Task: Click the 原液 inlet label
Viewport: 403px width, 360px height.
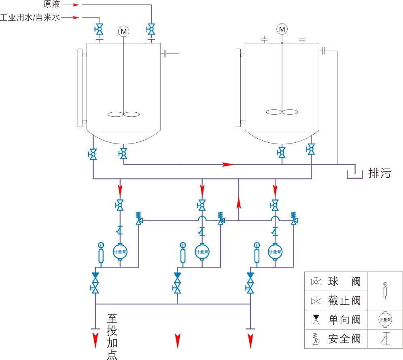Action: click(x=52, y=5)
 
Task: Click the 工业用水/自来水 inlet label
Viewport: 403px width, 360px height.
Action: click(x=30, y=17)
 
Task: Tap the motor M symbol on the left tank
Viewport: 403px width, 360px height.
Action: click(x=123, y=31)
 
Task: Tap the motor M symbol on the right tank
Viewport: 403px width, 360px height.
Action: click(x=282, y=29)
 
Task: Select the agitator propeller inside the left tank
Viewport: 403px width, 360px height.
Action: click(x=123, y=115)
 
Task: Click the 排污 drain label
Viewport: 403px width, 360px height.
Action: click(x=380, y=174)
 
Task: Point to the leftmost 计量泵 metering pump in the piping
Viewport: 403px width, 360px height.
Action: click(x=120, y=251)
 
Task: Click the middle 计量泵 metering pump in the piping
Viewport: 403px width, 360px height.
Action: click(x=202, y=251)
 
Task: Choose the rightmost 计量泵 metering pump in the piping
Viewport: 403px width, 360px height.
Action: click(x=275, y=251)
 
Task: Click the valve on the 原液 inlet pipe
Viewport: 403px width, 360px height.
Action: click(x=151, y=29)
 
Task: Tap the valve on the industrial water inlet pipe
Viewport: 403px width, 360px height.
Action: click(x=98, y=29)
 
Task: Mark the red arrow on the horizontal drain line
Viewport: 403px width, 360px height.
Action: click(x=228, y=165)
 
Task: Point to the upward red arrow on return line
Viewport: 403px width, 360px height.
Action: click(x=239, y=202)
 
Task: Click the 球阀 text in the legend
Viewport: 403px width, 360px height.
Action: click(x=344, y=281)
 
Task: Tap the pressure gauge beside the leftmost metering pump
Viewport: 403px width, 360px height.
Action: click(x=101, y=254)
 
